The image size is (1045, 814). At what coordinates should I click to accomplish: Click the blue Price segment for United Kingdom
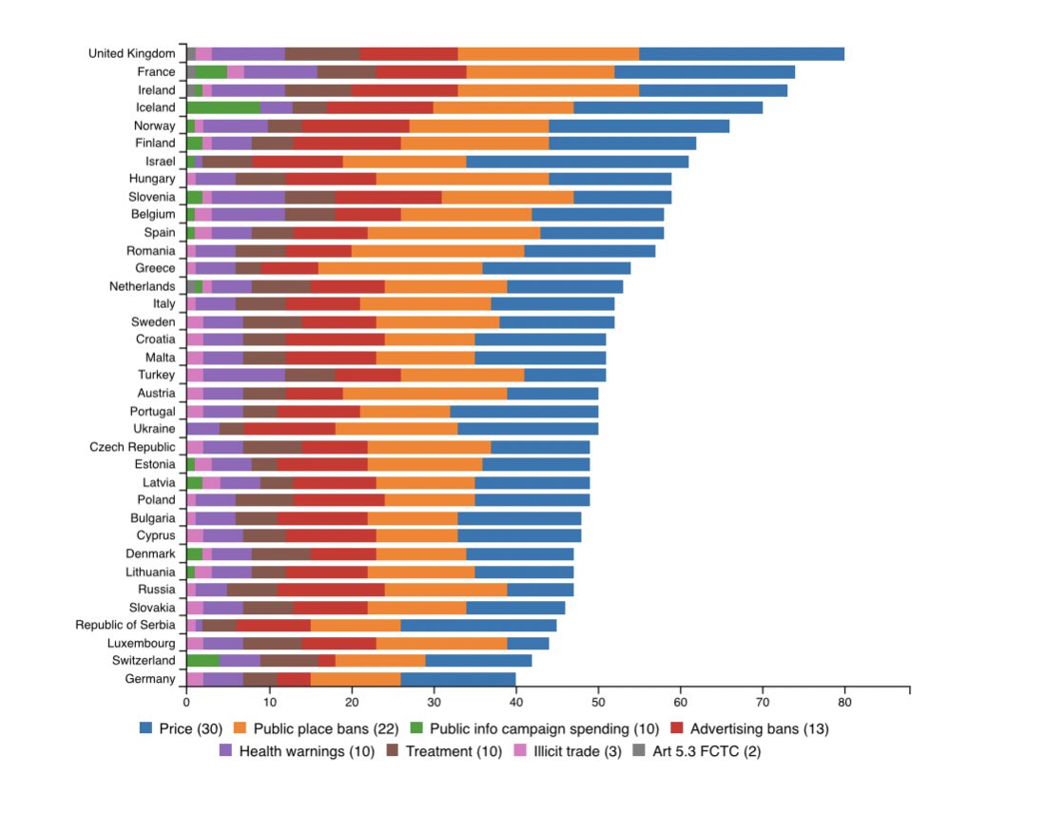(x=742, y=54)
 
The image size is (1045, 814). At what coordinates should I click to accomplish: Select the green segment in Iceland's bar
(x=224, y=107)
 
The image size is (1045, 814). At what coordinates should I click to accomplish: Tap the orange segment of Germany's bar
(x=356, y=679)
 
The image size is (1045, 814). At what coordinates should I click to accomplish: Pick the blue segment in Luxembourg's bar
(x=528, y=644)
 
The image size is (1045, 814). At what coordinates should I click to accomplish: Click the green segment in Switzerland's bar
(x=203, y=661)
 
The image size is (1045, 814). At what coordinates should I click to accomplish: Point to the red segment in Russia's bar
(x=331, y=590)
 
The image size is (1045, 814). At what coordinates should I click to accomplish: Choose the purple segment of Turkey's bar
(x=244, y=375)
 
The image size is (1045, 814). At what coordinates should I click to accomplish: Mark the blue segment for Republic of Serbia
(x=478, y=626)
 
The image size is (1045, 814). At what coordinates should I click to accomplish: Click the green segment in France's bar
(x=211, y=72)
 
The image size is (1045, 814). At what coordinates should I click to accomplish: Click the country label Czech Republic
(x=132, y=447)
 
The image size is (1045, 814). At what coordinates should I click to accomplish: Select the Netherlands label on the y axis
(x=142, y=286)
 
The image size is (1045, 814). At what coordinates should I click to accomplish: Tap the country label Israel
(x=160, y=162)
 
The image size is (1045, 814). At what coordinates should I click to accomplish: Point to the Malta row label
(x=160, y=358)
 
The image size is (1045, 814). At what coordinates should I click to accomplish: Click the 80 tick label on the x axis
(x=844, y=702)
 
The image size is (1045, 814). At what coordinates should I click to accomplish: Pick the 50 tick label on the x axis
(x=598, y=702)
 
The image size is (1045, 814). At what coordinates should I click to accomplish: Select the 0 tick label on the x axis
(x=186, y=702)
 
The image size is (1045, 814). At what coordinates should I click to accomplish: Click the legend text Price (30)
(x=190, y=728)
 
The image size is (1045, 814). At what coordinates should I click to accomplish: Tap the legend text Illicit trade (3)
(x=577, y=751)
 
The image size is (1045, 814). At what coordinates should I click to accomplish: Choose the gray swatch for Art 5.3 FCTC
(x=639, y=750)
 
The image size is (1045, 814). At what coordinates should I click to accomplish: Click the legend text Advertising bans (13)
(x=759, y=728)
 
